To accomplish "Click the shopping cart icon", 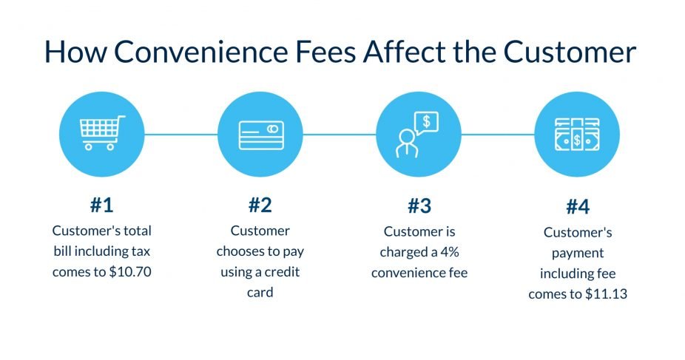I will coord(101,133).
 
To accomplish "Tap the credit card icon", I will coord(260,134).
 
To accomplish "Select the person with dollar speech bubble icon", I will coord(417,134).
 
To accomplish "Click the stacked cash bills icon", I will coord(577,135).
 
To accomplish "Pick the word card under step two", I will coord(260,292).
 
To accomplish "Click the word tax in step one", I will coord(139,251).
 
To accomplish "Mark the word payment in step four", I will coord(578,253).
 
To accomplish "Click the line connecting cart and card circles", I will coord(180,134).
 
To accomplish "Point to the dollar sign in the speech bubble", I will coord(426,120).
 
